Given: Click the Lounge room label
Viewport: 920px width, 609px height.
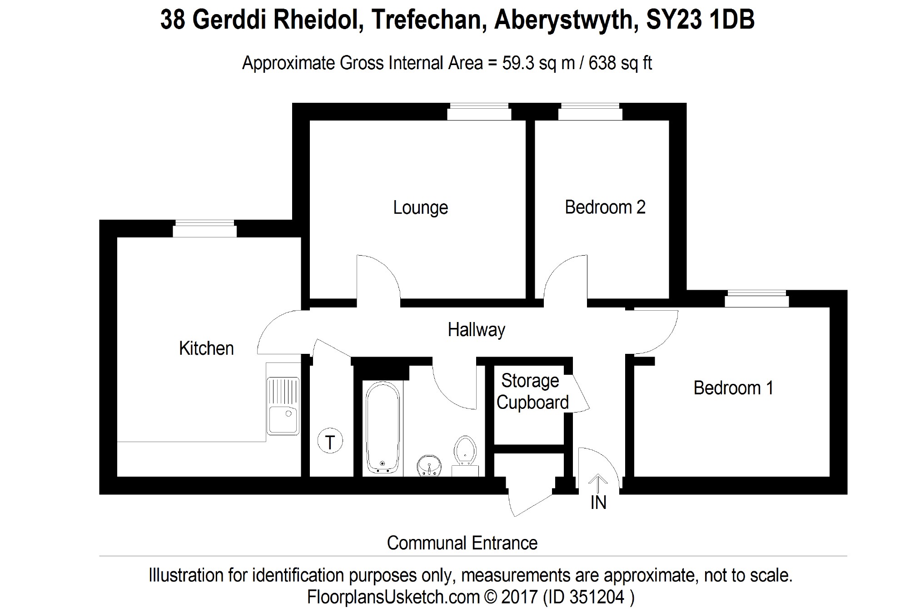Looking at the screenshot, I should [x=420, y=208].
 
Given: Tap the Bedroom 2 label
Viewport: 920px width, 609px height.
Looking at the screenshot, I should [x=605, y=207].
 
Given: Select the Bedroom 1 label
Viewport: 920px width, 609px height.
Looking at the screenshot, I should [x=733, y=388].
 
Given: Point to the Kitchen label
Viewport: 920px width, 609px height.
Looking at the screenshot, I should [x=206, y=348].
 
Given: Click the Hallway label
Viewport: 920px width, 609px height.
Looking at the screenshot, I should [x=476, y=330].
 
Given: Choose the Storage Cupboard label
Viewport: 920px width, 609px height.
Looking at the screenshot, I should [x=532, y=392].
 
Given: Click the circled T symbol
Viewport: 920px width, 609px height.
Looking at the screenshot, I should [x=330, y=442].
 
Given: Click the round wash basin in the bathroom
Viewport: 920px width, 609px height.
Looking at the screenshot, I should [x=429, y=466].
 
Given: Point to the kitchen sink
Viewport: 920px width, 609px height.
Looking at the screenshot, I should [x=283, y=405].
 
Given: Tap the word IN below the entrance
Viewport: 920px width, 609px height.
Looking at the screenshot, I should [x=598, y=503].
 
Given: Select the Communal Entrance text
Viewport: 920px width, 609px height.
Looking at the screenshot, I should [x=462, y=543].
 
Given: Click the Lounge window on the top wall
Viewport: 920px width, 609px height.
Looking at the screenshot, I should [x=479, y=112].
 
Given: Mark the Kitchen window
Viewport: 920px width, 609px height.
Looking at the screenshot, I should [x=204, y=229].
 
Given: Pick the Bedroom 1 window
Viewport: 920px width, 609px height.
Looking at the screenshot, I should [x=756, y=299].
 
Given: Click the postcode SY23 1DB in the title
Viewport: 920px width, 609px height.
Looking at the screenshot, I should [x=700, y=20].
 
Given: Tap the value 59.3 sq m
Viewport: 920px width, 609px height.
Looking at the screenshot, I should [x=538, y=63].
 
